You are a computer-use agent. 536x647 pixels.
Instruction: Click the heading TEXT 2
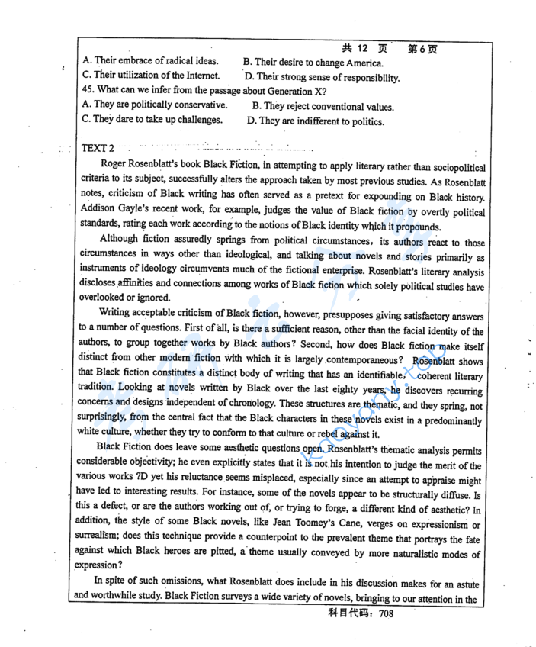point(97,148)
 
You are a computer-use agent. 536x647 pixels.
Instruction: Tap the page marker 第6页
point(422,49)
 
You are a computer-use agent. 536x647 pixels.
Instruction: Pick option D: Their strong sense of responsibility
point(322,77)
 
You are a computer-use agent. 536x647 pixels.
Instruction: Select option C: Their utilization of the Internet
point(151,76)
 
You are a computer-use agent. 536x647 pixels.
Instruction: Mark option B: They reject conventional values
point(323,107)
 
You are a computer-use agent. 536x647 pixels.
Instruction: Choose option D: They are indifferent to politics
point(316,121)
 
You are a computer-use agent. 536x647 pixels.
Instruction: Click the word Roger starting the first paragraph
point(114,166)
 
